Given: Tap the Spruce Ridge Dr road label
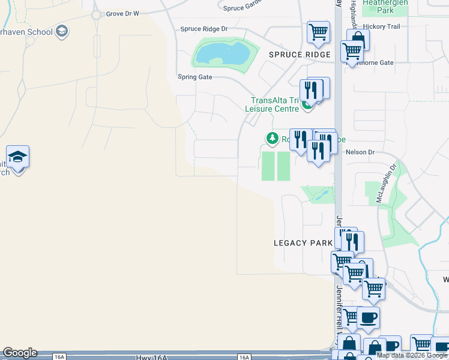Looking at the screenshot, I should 204,29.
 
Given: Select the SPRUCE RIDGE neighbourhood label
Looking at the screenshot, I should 300,55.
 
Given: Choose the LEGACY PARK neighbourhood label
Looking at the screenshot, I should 303,243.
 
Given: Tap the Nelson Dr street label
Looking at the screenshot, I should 360,152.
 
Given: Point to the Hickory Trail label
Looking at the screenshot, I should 385,26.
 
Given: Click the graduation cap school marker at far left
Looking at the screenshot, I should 18,158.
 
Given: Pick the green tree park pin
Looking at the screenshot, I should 273,139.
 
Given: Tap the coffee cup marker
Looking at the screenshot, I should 368,317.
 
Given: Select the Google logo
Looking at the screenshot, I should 20,353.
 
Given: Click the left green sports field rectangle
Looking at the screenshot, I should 268,166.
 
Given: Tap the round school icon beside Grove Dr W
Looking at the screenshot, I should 61,31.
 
